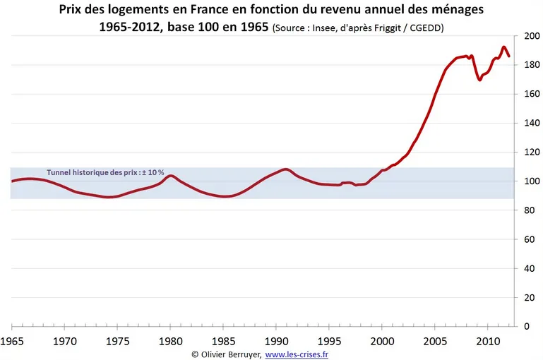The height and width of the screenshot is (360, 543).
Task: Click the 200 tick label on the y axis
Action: pos(530,36)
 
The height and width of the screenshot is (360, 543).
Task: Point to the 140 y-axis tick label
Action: pos(530,123)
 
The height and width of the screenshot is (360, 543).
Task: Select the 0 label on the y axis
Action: pos(525,326)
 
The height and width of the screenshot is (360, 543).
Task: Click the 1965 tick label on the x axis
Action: pos(12,342)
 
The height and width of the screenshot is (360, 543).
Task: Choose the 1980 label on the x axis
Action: pos(170,342)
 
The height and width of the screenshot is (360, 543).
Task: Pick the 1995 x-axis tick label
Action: pos(329,342)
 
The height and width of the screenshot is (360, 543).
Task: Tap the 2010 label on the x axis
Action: pos(487,342)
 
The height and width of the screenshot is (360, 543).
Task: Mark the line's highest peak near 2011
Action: pos(504,47)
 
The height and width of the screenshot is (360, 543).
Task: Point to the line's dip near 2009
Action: pos(480,80)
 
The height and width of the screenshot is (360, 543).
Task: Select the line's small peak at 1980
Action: pos(170,176)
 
